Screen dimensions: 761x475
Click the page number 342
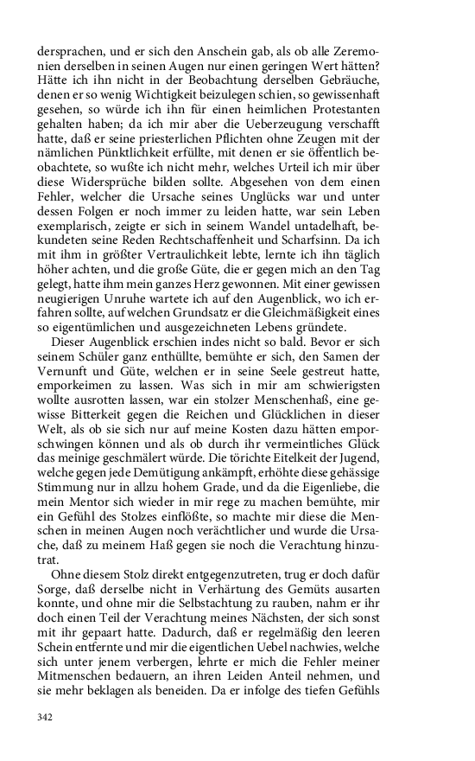[47, 717]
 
